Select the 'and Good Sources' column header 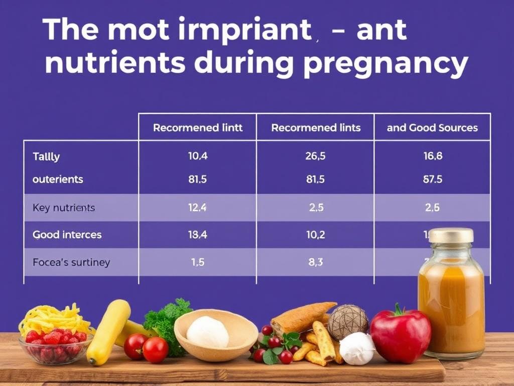point(432,128)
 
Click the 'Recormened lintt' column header point(198,128)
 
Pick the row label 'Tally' point(46,156)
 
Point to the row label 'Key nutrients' point(63,207)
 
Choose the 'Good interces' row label point(67,234)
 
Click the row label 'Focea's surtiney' point(71,262)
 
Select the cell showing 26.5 point(316,156)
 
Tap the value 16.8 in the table point(433,156)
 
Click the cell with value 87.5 point(433,179)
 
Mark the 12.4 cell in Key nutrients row point(198,207)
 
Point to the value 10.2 point(316,234)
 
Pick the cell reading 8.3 point(316,262)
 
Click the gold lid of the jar point(451,235)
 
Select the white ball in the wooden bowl point(207,332)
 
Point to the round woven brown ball point(348,322)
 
